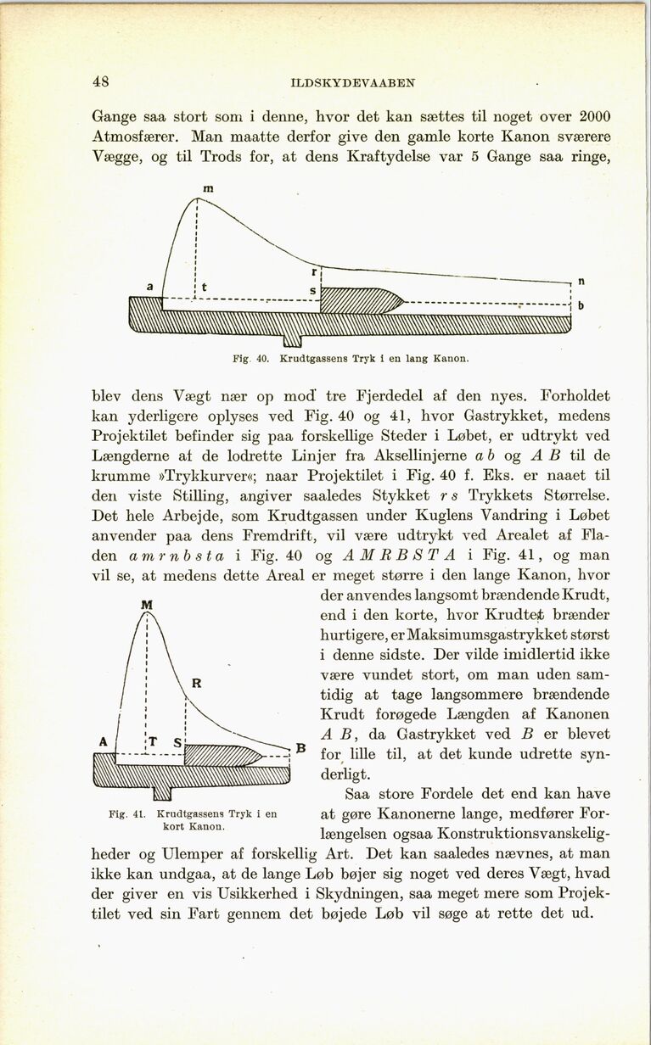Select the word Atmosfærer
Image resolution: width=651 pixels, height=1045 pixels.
[x=137, y=136]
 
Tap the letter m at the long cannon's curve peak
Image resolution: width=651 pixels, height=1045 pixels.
[x=196, y=185]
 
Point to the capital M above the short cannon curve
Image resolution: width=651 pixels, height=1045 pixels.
[x=146, y=605]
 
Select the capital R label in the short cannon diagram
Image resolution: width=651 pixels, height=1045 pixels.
[x=195, y=683]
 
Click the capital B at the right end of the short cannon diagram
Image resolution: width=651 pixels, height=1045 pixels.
[x=299, y=748]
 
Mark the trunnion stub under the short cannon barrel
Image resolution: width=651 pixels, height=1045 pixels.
[x=161, y=793]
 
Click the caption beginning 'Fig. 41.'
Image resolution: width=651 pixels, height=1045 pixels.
[x=194, y=819]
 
